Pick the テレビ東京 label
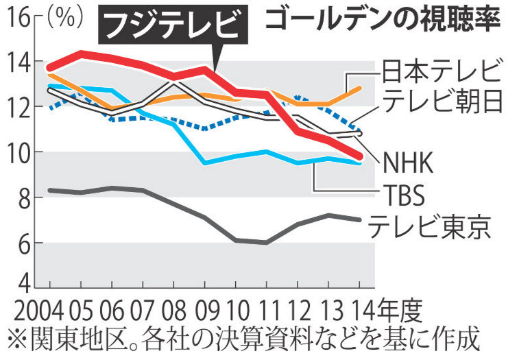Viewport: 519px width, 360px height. click(430, 226)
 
